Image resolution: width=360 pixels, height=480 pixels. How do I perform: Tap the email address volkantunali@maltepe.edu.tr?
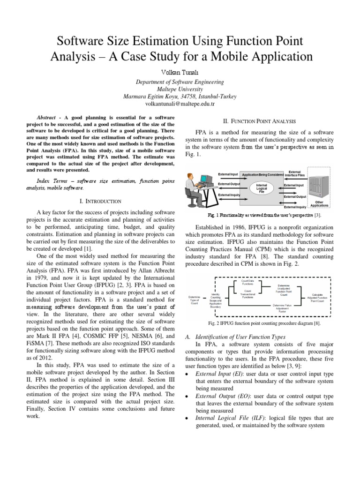[x=180, y=104]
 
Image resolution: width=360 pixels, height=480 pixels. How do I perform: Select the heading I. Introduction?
[x=101, y=201]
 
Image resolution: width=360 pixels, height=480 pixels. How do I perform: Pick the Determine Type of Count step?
[x=195, y=300]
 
